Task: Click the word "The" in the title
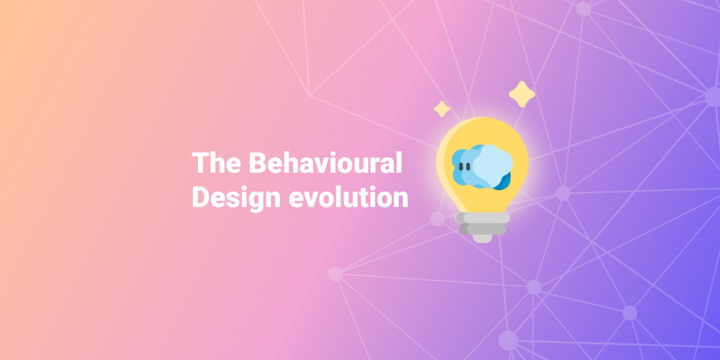(216, 163)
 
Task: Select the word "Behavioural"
(325, 163)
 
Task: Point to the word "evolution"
(349, 197)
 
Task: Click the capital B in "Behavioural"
(257, 163)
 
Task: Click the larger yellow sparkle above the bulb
(521, 94)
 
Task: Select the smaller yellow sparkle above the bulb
(442, 109)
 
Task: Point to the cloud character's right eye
(468, 166)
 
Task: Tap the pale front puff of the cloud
(493, 165)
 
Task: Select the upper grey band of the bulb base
(483, 217)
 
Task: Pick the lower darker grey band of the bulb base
(483, 229)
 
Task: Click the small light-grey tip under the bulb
(483, 238)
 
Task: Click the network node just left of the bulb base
(437, 219)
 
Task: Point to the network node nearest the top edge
(583, 9)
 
